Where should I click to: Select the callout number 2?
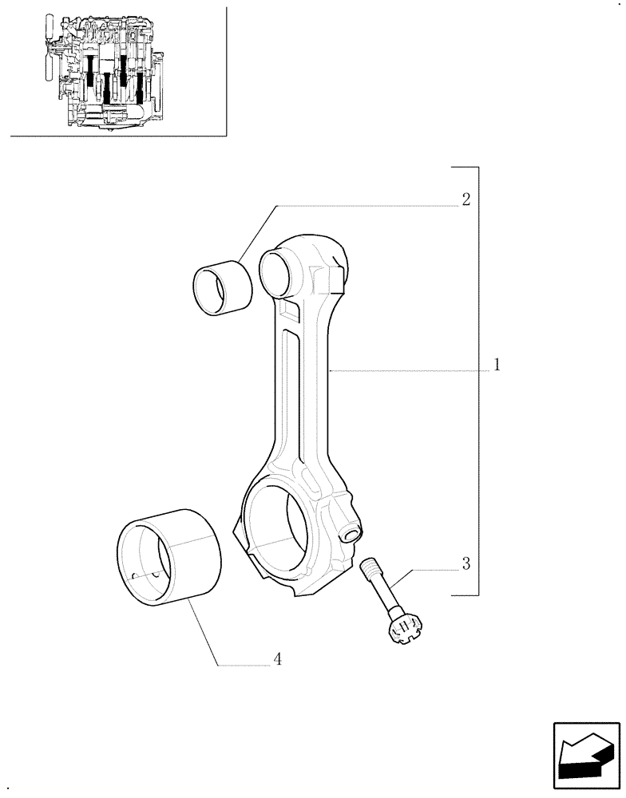pyautogui.click(x=466, y=199)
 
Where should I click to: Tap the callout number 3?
pyautogui.click(x=466, y=563)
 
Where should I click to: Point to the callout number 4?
pyautogui.click(x=277, y=659)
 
